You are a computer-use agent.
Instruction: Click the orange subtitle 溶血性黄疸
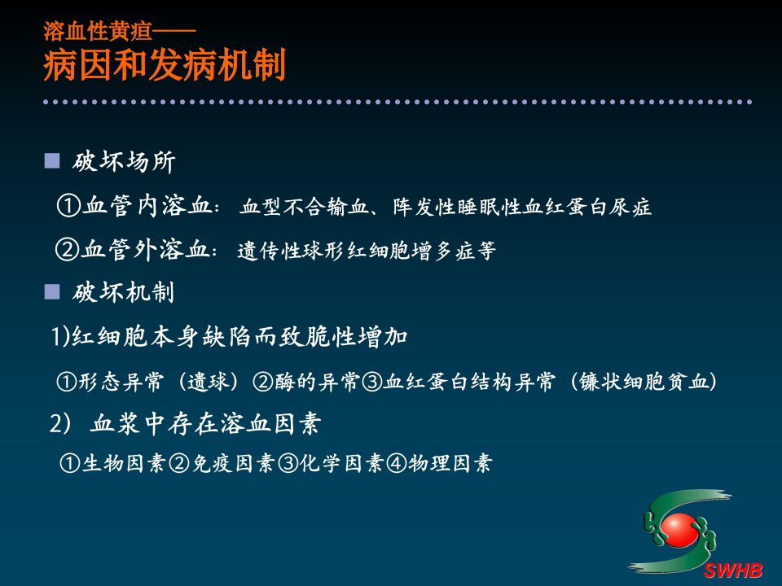pos(98,31)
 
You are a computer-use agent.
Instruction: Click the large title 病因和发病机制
pos(165,65)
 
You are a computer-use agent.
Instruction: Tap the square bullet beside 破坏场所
pos(52,161)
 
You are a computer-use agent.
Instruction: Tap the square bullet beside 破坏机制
pos(52,291)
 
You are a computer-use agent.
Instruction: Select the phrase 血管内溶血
pos(147,205)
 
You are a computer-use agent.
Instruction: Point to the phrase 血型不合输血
pos(304,206)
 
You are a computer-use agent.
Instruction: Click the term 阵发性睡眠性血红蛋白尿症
pos(521,206)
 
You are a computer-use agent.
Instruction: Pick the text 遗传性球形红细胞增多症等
pos(367,250)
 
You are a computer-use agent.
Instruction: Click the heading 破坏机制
pos(123,292)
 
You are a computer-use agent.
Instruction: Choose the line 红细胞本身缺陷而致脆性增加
pos(239,337)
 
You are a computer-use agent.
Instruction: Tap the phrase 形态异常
pos(121,382)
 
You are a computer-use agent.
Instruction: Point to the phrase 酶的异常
pos(317,382)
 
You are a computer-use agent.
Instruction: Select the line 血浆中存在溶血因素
pos(205,423)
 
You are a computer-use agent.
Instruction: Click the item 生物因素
pos(124,463)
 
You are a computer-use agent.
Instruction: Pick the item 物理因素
pos(450,463)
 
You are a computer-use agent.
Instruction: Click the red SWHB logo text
pos(732,570)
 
